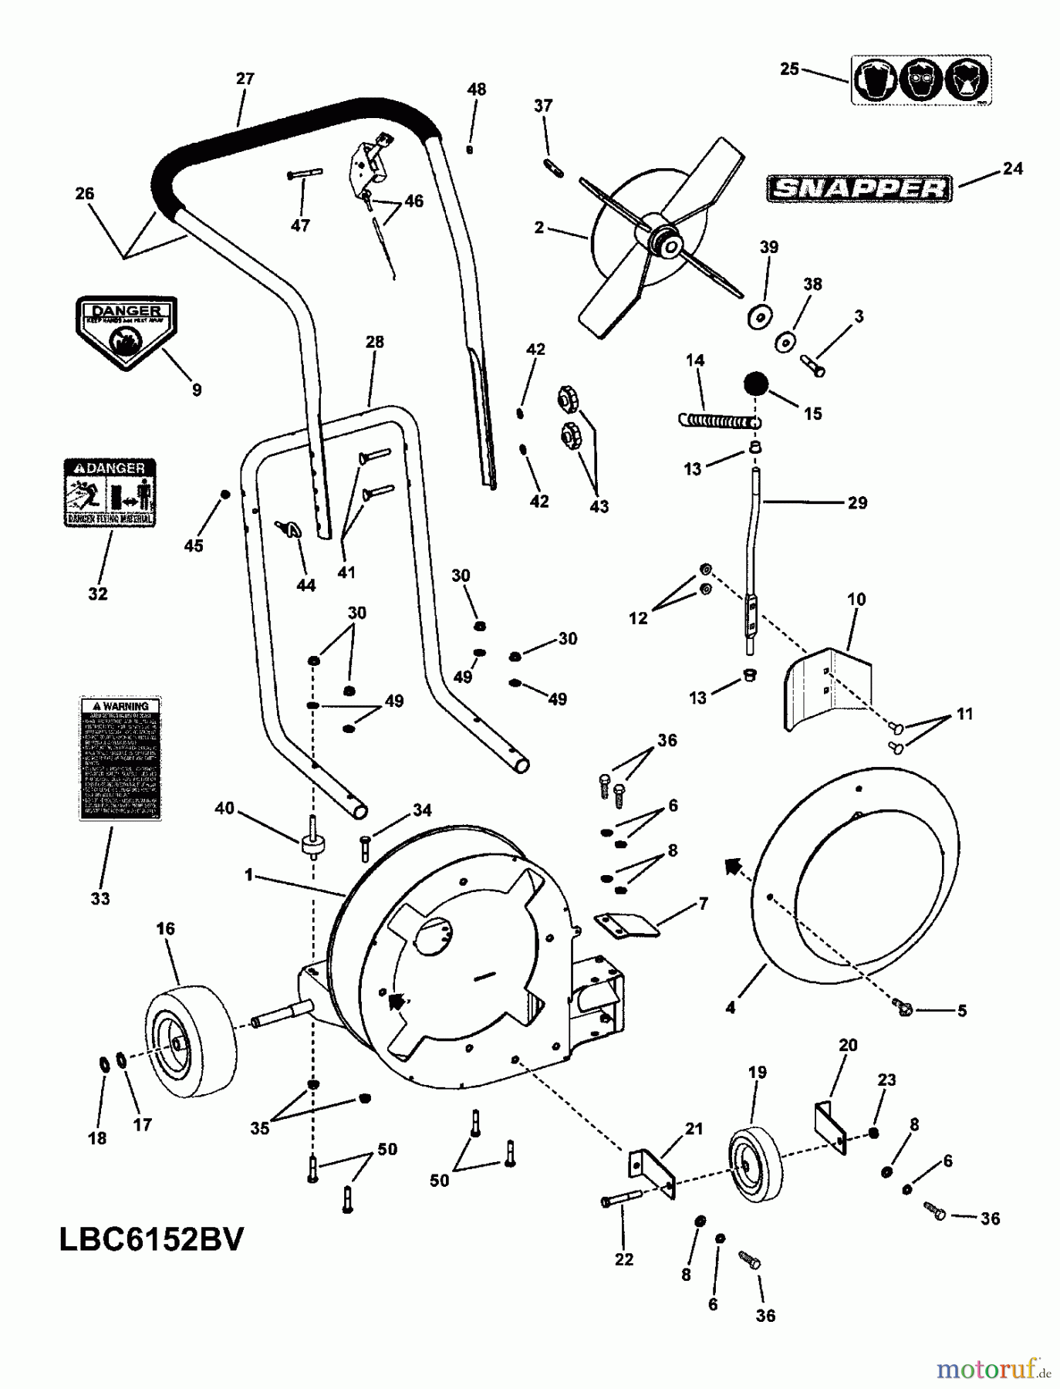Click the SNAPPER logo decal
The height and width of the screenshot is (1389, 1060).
point(859,188)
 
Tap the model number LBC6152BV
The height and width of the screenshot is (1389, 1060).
point(151,1241)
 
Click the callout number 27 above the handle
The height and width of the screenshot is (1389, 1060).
point(245,79)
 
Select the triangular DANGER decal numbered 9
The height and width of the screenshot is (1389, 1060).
point(126,333)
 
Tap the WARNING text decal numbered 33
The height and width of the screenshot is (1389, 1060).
point(120,758)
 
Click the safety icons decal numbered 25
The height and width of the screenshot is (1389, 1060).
point(921,79)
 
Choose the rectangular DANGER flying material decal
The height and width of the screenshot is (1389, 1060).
point(109,492)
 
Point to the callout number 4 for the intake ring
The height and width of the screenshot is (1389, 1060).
point(730,1007)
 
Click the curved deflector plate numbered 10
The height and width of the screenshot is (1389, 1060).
point(825,687)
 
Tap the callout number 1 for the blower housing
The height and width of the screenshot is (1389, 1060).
point(248,875)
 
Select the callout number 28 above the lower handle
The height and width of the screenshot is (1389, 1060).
point(375,342)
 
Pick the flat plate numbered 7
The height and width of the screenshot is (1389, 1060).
point(627,924)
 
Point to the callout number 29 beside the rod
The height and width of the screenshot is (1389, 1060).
point(857,503)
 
